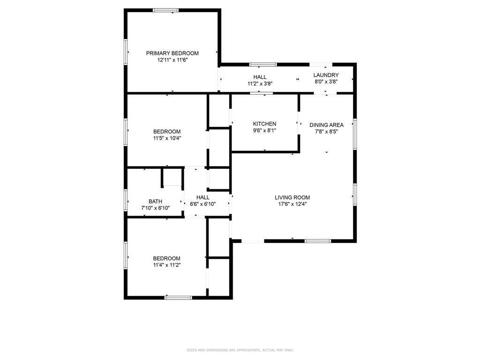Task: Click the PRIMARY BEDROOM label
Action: click(172, 53)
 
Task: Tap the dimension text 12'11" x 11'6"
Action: click(172, 60)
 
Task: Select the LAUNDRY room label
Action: click(326, 75)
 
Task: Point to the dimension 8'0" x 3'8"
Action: click(326, 82)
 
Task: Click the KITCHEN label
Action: click(264, 124)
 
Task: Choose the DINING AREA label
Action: click(326, 125)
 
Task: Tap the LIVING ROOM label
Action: click(292, 197)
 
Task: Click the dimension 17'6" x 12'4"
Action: click(292, 204)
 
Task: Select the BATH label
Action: click(155, 202)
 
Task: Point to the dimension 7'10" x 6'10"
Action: click(155, 208)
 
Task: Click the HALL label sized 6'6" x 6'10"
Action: click(203, 197)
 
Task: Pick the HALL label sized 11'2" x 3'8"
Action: click(260, 77)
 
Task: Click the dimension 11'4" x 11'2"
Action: click(166, 265)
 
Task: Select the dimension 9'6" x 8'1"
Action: click(264, 130)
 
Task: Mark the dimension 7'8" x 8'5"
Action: click(326, 132)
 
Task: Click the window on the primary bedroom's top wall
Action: click(166, 10)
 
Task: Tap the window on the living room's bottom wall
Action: click(317, 241)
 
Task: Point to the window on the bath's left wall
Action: click(126, 200)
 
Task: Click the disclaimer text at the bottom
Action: click(240, 350)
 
